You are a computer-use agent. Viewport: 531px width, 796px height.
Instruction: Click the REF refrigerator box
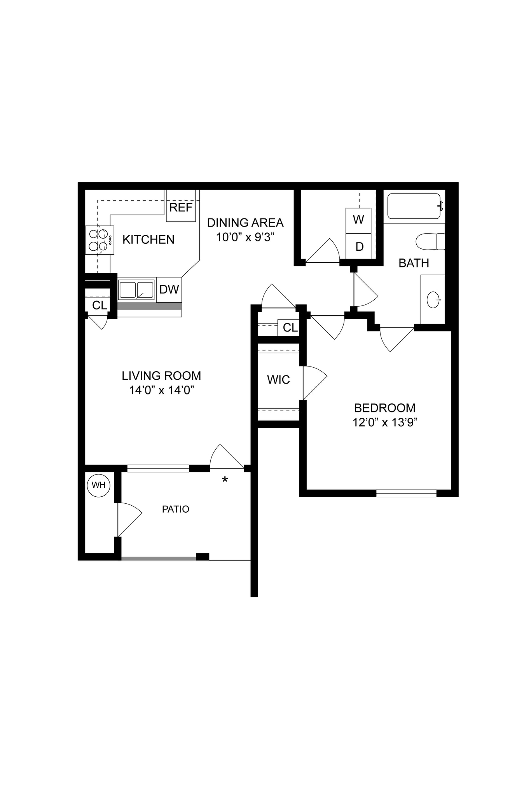(181, 207)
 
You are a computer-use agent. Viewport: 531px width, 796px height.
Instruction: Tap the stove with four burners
(100, 240)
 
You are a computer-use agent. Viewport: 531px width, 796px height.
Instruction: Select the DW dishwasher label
(169, 289)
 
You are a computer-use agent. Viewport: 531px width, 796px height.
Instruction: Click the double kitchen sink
(136, 290)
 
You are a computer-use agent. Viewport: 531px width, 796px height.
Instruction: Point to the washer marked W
(358, 220)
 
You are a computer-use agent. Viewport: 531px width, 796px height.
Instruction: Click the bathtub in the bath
(414, 206)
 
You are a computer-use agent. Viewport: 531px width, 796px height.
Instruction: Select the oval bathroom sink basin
(433, 300)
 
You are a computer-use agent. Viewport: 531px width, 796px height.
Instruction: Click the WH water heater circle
(99, 485)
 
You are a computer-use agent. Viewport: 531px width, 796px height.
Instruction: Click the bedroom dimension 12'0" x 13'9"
(384, 422)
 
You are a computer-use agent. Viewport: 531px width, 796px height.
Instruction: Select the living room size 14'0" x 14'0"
(161, 390)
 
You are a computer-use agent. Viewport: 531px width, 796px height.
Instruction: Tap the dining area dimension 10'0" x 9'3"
(245, 237)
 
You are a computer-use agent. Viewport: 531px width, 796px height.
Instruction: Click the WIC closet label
(278, 379)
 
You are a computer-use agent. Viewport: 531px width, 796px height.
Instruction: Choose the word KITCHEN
(148, 239)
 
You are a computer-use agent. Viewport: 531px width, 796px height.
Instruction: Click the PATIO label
(175, 509)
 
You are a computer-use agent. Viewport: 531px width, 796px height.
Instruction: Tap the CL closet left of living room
(100, 305)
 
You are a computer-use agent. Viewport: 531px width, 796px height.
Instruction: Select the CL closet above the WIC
(290, 328)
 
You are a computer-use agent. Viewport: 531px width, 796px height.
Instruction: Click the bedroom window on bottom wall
(406, 493)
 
